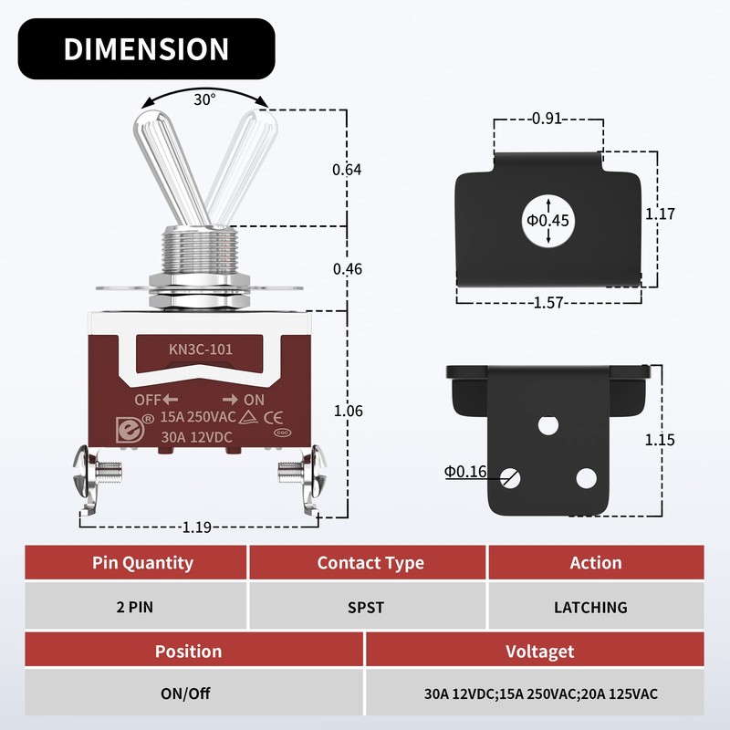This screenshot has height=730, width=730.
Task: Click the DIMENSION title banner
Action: [x=146, y=48]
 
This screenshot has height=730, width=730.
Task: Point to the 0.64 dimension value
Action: [x=347, y=169]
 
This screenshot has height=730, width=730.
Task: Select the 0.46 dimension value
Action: [x=347, y=268]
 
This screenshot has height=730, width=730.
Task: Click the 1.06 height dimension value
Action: [x=348, y=412]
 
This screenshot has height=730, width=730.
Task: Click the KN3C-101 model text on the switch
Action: [x=198, y=349]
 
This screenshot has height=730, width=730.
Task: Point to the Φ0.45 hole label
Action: [x=547, y=220]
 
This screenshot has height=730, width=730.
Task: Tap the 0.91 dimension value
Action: [x=547, y=118]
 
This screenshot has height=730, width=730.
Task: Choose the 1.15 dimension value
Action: [x=660, y=439]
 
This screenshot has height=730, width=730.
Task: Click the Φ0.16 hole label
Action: [x=466, y=472]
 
